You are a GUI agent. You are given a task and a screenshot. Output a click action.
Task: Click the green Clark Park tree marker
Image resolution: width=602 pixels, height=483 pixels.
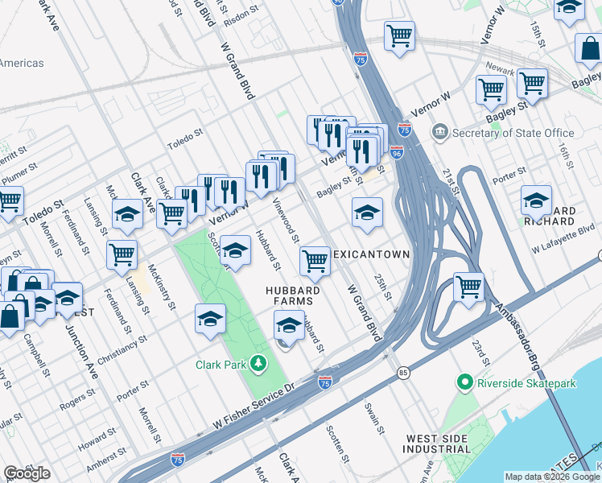(258, 364)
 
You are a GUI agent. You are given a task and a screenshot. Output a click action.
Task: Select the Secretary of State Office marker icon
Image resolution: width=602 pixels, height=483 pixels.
(439, 132)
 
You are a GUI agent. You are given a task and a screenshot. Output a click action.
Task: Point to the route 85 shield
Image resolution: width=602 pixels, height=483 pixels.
(402, 373)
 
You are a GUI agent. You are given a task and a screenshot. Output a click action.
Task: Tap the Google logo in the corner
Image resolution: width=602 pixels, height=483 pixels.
(27, 473)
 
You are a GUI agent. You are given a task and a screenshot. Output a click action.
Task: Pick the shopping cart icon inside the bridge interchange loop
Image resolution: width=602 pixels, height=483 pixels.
(468, 285)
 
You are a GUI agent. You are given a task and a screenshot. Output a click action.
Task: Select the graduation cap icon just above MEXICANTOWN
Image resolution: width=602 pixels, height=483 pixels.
(367, 213)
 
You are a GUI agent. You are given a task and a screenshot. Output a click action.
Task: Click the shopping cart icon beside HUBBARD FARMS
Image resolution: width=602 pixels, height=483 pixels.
(314, 260)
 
